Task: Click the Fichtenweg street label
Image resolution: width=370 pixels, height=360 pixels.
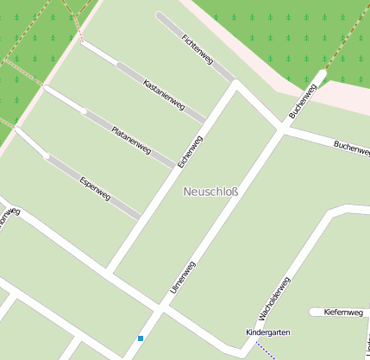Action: point(198,48)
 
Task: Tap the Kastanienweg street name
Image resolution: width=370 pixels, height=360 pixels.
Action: point(164,95)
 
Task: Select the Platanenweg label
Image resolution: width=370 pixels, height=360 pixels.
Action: point(131,139)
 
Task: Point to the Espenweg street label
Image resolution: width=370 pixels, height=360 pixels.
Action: point(95,188)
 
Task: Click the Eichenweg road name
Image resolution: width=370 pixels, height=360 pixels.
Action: point(190,152)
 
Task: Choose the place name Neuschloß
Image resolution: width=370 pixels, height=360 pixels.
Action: point(210,191)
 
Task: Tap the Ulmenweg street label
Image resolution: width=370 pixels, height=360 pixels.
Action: point(183,277)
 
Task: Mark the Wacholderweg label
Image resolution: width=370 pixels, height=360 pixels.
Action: point(274,300)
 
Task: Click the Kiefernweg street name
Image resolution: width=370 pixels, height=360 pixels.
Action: point(342,312)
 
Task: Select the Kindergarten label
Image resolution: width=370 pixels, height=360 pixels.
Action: point(267,332)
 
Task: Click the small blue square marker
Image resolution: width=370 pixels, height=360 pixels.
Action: point(141,338)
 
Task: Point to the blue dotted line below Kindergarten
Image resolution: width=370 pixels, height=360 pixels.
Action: point(266,351)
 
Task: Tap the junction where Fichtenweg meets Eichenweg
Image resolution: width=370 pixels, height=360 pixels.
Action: point(234,83)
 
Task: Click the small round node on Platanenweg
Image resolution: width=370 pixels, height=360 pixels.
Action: point(84,111)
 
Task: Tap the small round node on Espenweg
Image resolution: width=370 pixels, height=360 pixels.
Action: point(47,156)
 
